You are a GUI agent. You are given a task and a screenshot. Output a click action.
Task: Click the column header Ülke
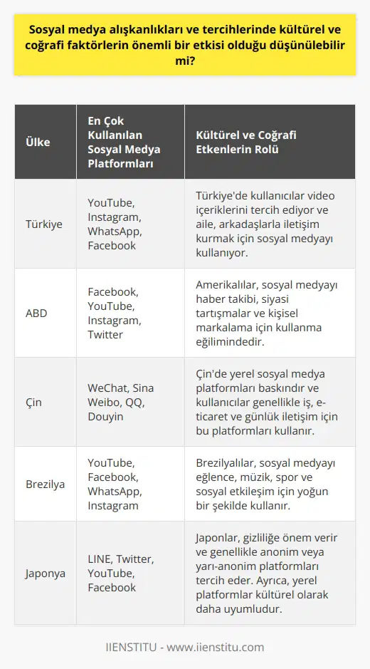click(38, 142)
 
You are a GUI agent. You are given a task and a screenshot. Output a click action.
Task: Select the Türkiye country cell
click(43, 223)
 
